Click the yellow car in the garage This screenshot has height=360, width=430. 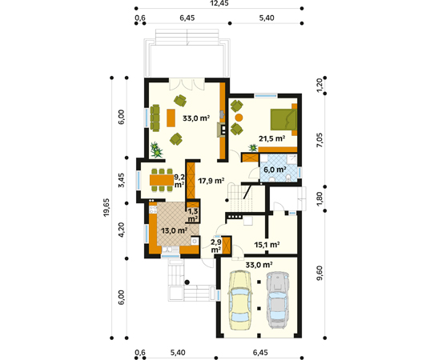(240, 300)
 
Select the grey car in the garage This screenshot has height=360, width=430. (278, 300)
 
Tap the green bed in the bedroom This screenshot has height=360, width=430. (283, 119)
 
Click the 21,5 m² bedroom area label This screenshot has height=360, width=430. (271, 138)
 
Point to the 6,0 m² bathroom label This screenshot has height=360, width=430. (275, 170)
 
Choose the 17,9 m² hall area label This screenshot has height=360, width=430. (211, 181)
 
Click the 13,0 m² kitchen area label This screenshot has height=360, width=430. (174, 230)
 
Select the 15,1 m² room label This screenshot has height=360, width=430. (267, 245)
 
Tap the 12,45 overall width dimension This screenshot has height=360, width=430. (219, 3)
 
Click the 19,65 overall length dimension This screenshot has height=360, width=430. (106, 207)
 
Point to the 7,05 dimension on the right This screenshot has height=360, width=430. (319, 140)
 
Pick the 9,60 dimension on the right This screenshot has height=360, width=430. (319, 273)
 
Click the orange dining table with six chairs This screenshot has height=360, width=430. (162, 180)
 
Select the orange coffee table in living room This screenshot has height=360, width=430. (171, 118)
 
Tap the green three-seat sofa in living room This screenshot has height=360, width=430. (155, 118)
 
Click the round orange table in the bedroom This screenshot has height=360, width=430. (239, 118)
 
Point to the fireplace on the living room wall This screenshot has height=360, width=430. (222, 130)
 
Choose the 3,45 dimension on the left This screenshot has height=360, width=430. (121, 180)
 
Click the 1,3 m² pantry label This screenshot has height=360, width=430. (193, 215)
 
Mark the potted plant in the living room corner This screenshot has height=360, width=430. (156, 150)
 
